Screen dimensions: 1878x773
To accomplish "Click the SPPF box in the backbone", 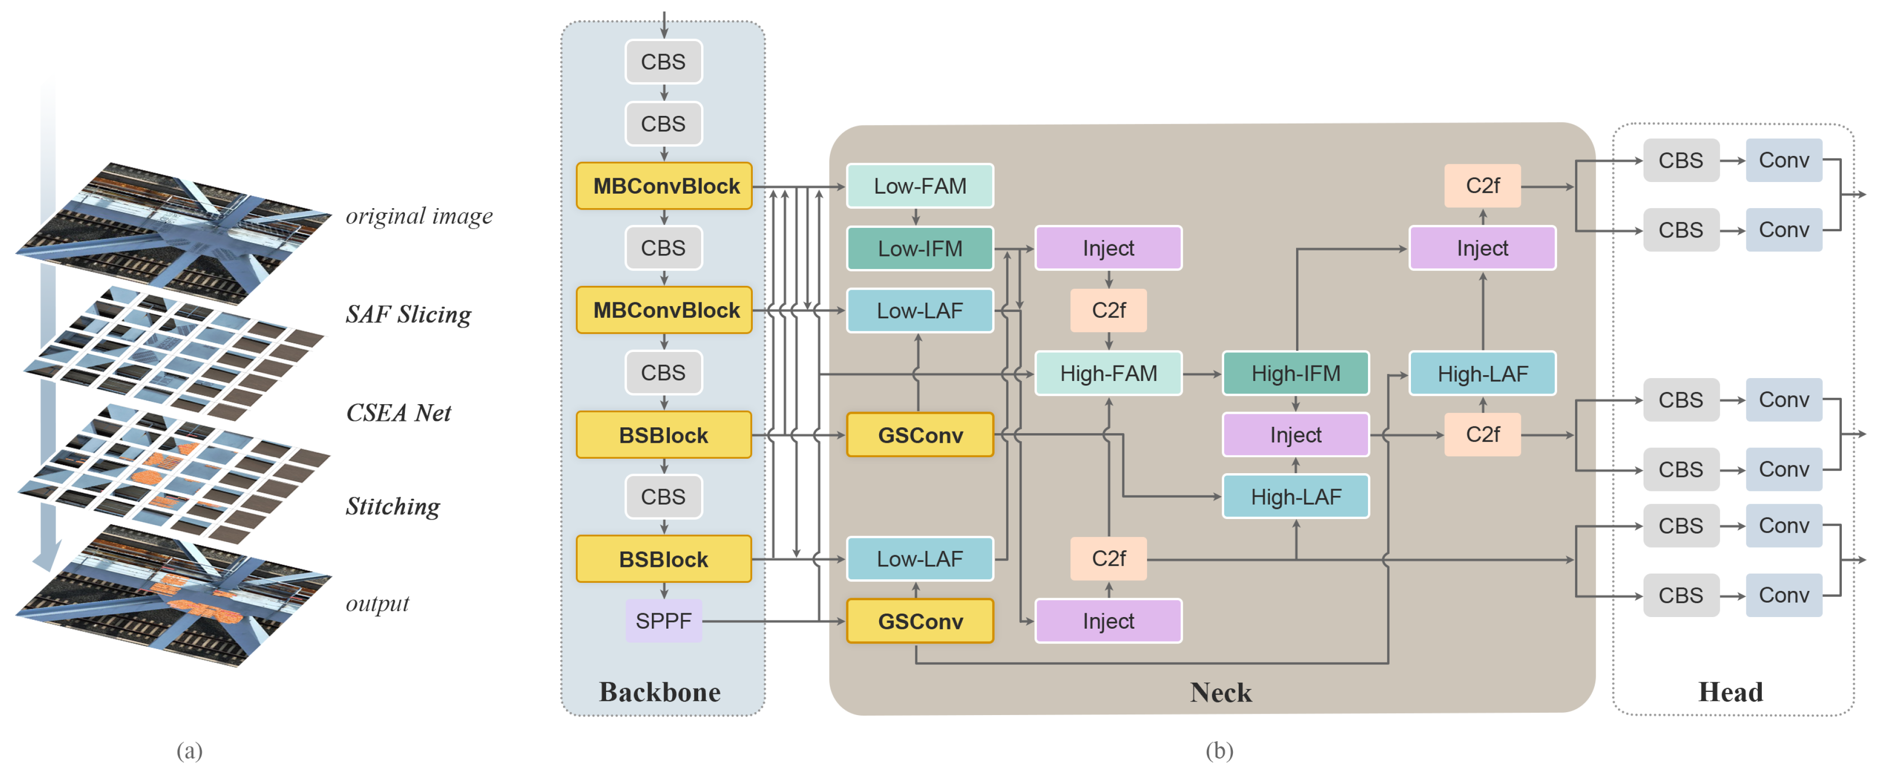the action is pyautogui.click(x=663, y=620).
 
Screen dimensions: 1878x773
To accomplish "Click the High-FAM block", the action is pyautogui.click(x=1108, y=373).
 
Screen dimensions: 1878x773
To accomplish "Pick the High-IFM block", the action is pyautogui.click(x=1296, y=373).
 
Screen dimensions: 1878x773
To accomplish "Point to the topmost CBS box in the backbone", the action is pyautogui.click(x=663, y=61).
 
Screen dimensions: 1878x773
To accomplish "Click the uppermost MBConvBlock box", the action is pyautogui.click(x=664, y=186).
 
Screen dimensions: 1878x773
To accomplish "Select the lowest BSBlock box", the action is pyautogui.click(x=664, y=559).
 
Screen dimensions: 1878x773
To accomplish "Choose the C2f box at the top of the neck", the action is pyautogui.click(x=1482, y=186).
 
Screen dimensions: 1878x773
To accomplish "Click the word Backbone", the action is pyautogui.click(x=660, y=691).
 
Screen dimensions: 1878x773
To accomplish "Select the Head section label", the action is pyautogui.click(x=1730, y=691).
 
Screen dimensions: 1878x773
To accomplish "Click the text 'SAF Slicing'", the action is pyautogui.click(x=408, y=314).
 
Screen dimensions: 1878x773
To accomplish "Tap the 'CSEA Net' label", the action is pyautogui.click(x=398, y=413).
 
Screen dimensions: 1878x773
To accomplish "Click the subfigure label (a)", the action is pyautogui.click(x=190, y=750).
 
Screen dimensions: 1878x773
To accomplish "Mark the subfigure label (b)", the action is pyautogui.click(x=1219, y=750).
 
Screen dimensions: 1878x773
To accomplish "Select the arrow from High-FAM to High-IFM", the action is pyautogui.click(x=1202, y=373).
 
